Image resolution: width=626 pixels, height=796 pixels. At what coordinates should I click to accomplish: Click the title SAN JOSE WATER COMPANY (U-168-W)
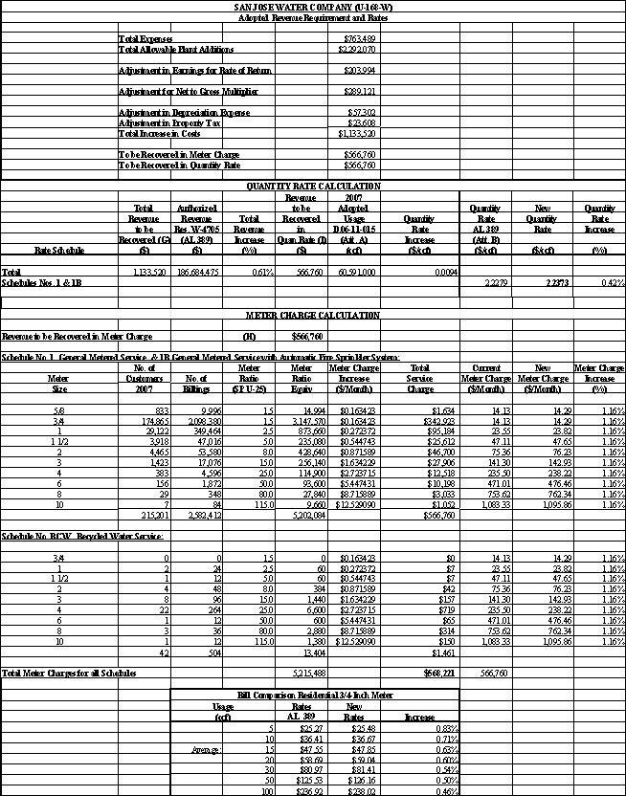[x=312, y=7]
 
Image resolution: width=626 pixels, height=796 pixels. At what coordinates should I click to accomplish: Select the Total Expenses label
[x=144, y=38]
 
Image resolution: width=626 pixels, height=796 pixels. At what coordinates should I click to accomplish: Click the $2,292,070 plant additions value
[x=359, y=48]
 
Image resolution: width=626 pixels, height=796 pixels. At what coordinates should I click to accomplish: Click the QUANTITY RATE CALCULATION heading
[x=312, y=186]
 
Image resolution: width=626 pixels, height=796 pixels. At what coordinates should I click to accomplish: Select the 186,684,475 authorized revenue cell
[x=197, y=272]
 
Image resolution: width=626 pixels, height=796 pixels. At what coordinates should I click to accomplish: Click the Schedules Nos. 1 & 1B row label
[x=42, y=283]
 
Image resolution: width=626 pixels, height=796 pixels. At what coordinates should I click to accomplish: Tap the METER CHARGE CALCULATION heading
[x=312, y=315]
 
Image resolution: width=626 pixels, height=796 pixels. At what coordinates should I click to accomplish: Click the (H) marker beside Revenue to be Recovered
[x=250, y=337]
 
